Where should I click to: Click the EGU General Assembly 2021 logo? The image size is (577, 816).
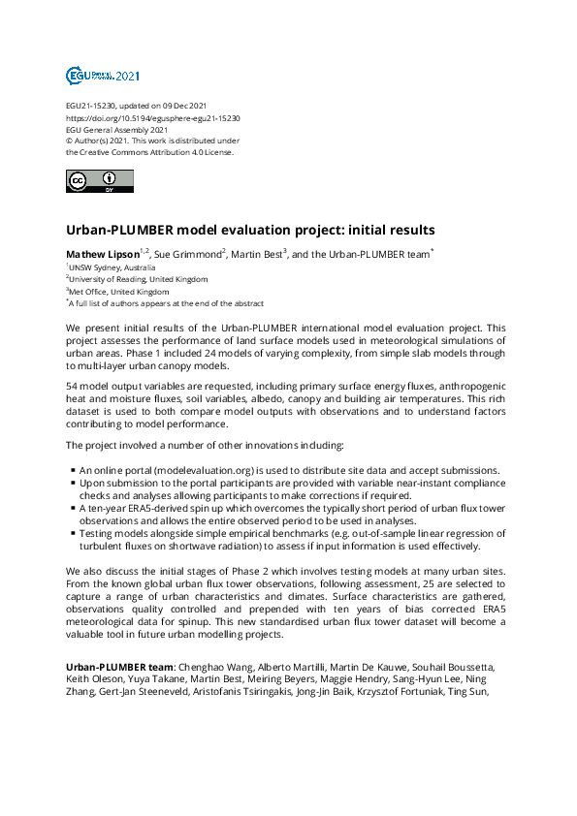[x=103, y=75]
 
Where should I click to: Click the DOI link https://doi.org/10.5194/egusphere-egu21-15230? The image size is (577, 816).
[x=153, y=116]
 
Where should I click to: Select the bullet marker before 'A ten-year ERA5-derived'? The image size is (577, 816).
[x=73, y=508]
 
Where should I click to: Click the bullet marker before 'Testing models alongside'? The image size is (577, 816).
[x=73, y=533]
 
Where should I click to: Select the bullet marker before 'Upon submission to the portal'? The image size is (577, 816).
[x=73, y=483]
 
